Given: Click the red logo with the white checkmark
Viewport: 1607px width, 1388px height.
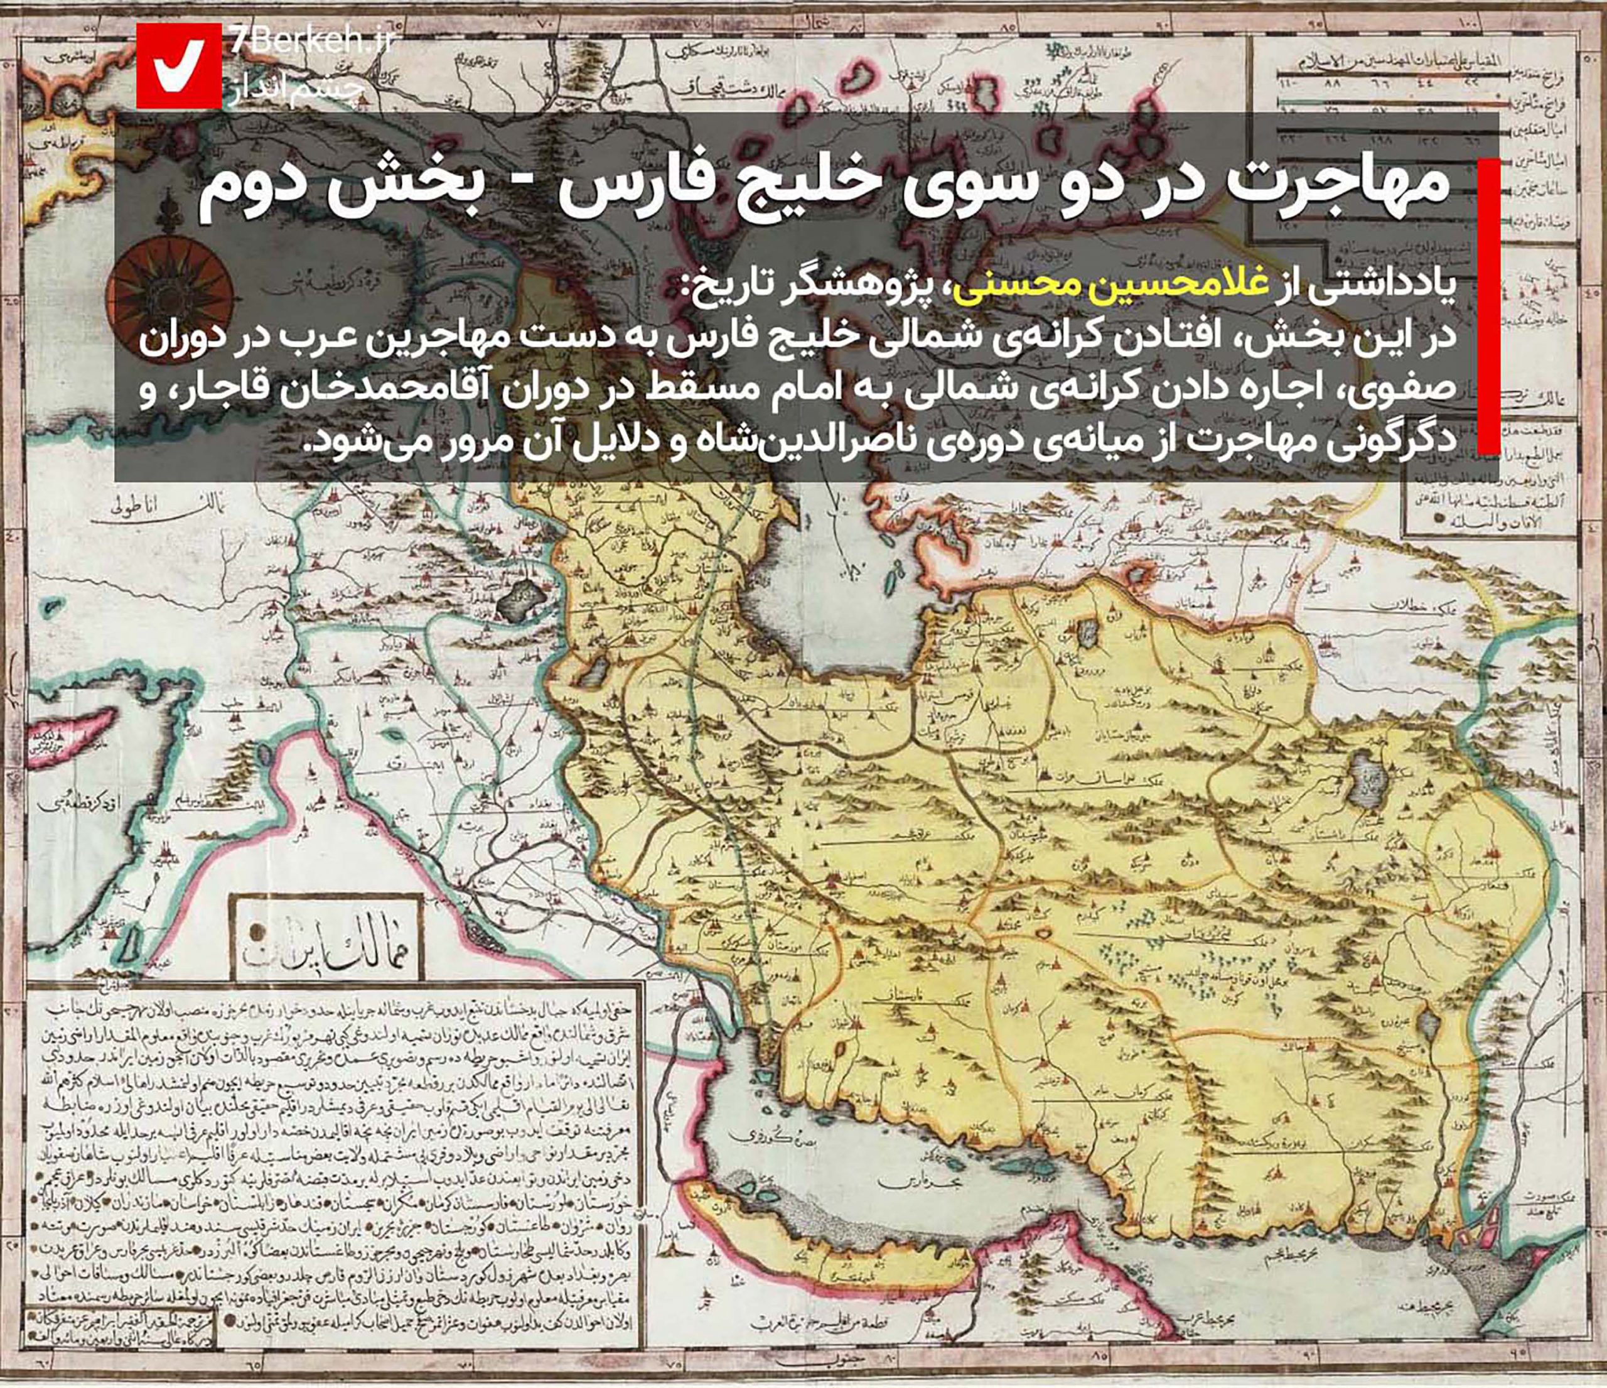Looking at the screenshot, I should point(179,65).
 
